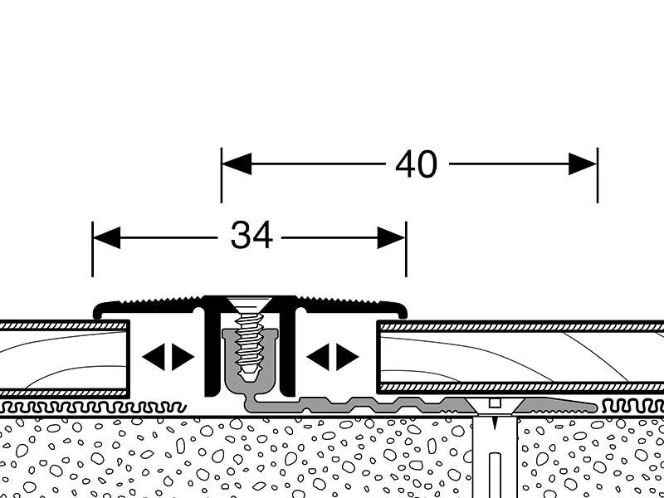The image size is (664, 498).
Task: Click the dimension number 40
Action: pyautogui.click(x=416, y=165)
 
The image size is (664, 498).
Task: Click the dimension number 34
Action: pyautogui.click(x=251, y=237)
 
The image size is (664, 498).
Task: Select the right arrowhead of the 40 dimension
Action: pyautogui.click(x=583, y=164)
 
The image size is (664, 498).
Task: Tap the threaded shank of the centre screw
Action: pyautogui.click(x=247, y=344)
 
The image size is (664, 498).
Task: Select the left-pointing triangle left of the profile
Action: pyautogui.click(x=152, y=357)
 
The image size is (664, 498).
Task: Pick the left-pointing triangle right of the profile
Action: pyautogui.click(x=316, y=357)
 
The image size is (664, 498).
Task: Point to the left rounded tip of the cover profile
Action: pyautogui.click(x=99, y=311)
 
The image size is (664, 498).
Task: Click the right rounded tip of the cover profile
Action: pyautogui.click(x=403, y=310)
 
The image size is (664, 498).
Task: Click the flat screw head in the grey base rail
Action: pyautogui.click(x=494, y=404)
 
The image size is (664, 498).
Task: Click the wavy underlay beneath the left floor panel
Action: pyautogui.click(x=66, y=408)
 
